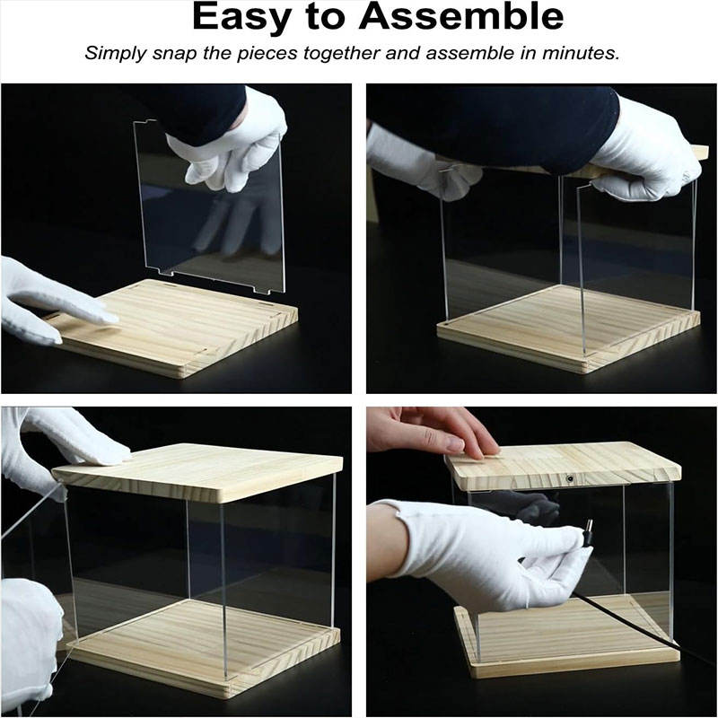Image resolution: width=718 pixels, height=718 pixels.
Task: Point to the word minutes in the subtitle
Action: [581, 53]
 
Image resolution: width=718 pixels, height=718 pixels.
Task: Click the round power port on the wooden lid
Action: [571, 479]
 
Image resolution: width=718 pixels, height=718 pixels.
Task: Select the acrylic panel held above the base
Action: [210, 208]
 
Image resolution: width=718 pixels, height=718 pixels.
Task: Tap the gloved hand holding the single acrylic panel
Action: [229, 140]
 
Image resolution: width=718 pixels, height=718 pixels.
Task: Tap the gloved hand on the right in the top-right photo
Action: [645, 151]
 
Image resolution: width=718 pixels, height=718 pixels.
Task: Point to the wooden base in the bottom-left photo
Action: [201, 645]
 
